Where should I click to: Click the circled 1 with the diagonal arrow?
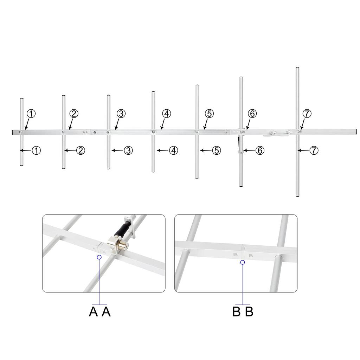pos(31,114)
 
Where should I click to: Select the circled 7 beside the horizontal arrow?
pos(314,150)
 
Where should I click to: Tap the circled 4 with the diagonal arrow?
pos(167,114)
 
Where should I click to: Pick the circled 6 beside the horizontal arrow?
pos(259,150)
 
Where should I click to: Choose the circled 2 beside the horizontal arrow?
pos(81,150)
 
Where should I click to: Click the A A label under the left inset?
pos(100,311)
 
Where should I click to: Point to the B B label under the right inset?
pos(243,311)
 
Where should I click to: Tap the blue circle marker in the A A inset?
pos(99,257)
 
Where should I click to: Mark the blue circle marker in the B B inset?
pos(243,262)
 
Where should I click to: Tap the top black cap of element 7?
pos(297,67)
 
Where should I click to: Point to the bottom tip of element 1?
pos(22,165)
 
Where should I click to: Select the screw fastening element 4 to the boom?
pos(153,132)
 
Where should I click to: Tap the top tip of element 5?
pos(197,85)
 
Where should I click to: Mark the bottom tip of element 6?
pos(241,186)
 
